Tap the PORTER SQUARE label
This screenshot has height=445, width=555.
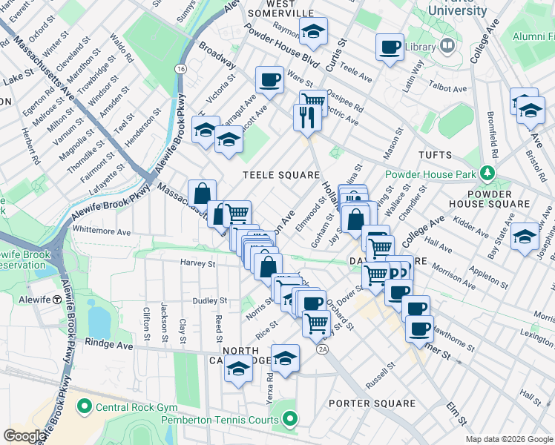pos(372,403)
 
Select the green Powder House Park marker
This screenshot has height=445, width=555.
pos(486,174)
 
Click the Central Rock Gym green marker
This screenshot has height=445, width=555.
pos(84,406)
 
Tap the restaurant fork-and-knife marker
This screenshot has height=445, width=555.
pos(306,117)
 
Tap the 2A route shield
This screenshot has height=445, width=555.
pos(322,349)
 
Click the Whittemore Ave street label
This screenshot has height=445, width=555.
pos(102,232)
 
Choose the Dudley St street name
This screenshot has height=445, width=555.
pos(209,301)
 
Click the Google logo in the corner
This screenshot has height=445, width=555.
pos(24,436)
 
